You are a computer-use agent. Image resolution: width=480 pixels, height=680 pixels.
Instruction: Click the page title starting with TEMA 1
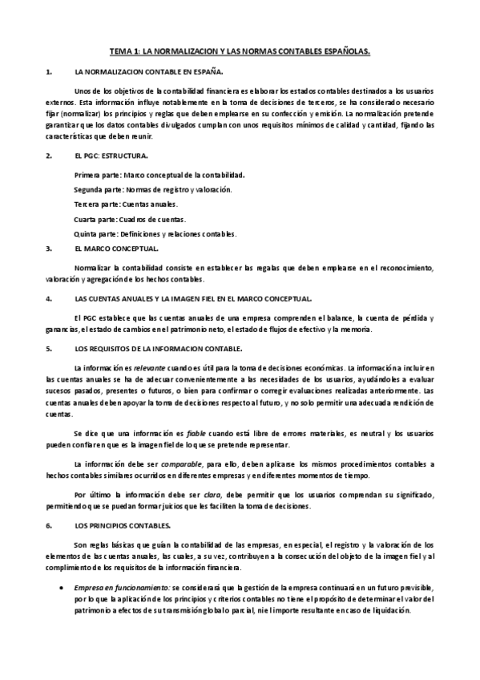tap(240, 50)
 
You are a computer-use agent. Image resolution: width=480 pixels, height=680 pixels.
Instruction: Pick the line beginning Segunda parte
tap(152, 189)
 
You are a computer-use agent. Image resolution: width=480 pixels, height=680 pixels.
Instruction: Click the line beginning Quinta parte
tap(155, 234)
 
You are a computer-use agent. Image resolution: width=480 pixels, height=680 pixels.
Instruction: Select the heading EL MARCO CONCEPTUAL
tap(115, 249)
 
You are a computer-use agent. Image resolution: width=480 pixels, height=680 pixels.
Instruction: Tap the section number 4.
tap(49, 298)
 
